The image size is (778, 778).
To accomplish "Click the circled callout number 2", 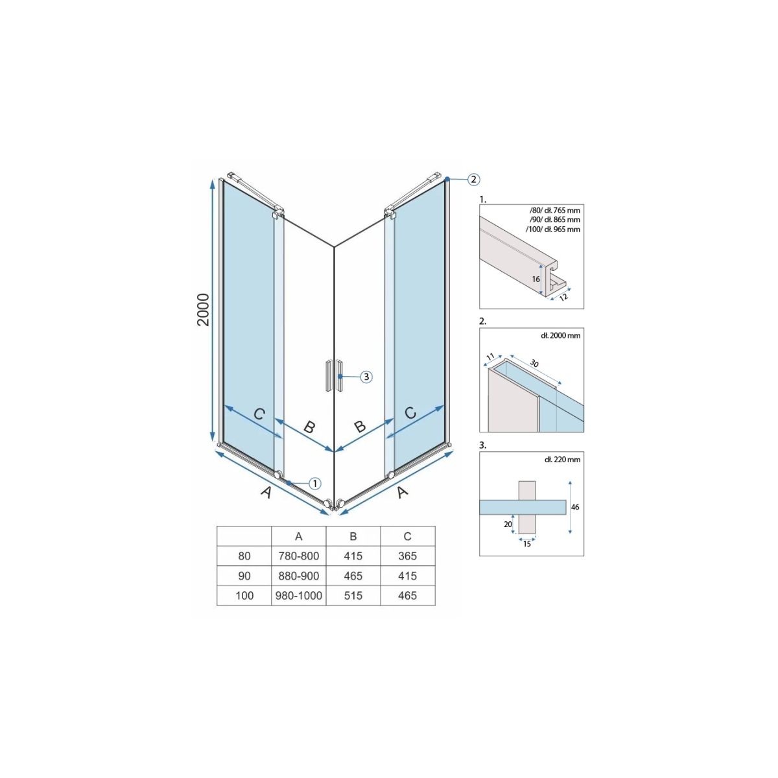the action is pyautogui.click(x=473, y=178).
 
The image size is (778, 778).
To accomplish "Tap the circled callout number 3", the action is pyautogui.click(x=366, y=377).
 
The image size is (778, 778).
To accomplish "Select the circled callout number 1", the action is pyautogui.click(x=315, y=483).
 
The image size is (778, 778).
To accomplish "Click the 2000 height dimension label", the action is pyautogui.click(x=204, y=310).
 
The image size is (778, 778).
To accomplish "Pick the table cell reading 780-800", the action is pyautogui.click(x=299, y=556).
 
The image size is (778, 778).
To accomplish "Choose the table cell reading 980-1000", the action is pyautogui.click(x=299, y=596).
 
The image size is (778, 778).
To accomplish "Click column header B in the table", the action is pyautogui.click(x=353, y=536).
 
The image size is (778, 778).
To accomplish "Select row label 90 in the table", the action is pyautogui.click(x=244, y=576).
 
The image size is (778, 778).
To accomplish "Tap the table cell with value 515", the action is pyautogui.click(x=353, y=596).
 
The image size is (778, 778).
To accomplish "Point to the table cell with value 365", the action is pyautogui.click(x=407, y=556).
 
